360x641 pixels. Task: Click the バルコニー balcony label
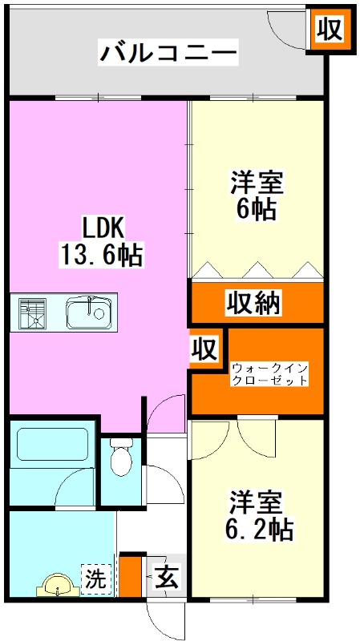click(x=169, y=54)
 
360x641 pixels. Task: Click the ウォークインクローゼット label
click(x=269, y=374)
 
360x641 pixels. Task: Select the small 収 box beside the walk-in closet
click(x=205, y=349)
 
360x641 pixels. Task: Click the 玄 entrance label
click(x=166, y=577)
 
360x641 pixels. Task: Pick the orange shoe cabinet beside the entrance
click(x=128, y=575)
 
